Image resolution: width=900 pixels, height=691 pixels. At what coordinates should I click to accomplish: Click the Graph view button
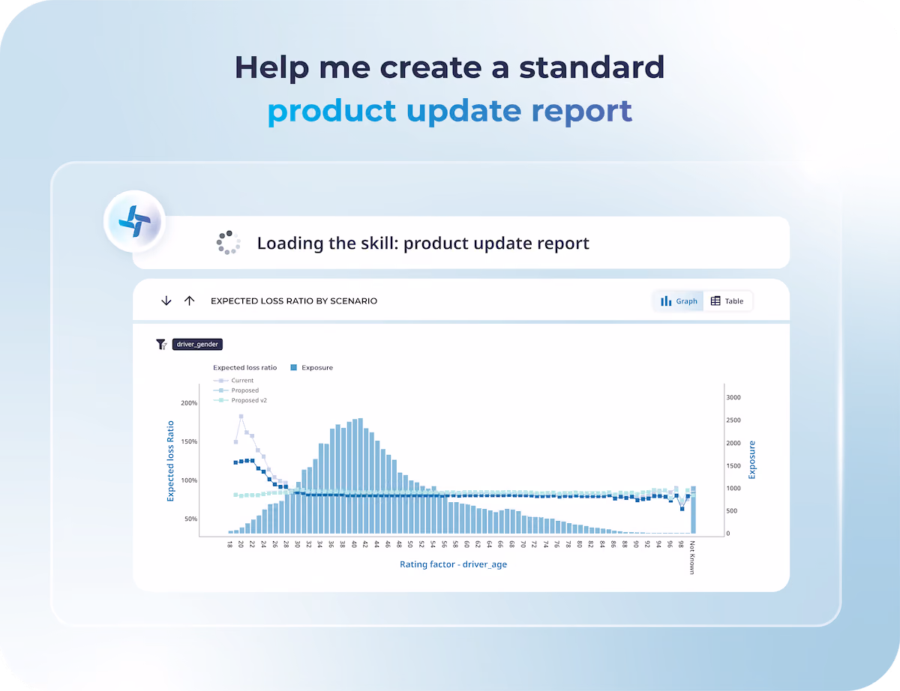tap(679, 301)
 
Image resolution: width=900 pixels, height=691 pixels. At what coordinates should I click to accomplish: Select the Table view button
tap(727, 301)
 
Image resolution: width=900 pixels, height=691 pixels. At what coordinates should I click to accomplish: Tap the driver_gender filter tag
tap(197, 344)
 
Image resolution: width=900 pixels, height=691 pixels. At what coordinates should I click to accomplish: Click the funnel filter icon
tap(161, 344)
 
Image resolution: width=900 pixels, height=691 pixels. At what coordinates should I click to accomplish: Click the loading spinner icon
tap(228, 243)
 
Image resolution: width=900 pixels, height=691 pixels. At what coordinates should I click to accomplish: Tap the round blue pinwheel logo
tap(134, 221)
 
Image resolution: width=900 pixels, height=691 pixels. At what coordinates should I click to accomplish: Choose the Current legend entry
tap(233, 380)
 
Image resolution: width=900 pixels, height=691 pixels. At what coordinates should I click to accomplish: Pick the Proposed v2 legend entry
tap(240, 400)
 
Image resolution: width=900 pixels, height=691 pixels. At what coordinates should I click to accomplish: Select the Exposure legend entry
tap(312, 367)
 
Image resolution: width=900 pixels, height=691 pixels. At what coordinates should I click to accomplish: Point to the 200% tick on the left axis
tap(189, 403)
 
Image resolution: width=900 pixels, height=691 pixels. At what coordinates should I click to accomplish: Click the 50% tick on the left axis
tap(191, 519)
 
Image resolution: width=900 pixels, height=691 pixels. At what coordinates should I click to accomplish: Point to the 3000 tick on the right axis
tap(733, 398)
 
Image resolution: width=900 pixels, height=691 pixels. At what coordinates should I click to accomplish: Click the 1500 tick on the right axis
tap(733, 466)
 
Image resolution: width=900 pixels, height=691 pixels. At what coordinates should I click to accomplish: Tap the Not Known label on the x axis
tap(691, 558)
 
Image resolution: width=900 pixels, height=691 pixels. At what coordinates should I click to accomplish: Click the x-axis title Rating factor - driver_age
tap(453, 564)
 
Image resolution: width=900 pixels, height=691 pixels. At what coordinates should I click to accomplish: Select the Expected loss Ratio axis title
tap(170, 461)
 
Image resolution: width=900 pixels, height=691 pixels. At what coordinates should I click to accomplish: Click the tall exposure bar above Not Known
tap(693, 510)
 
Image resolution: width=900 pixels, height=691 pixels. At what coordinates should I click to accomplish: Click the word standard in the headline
tap(592, 67)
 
